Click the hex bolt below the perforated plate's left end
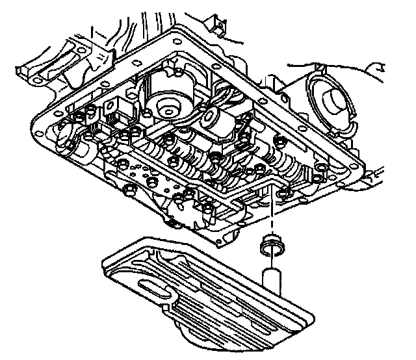point(129,190)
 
